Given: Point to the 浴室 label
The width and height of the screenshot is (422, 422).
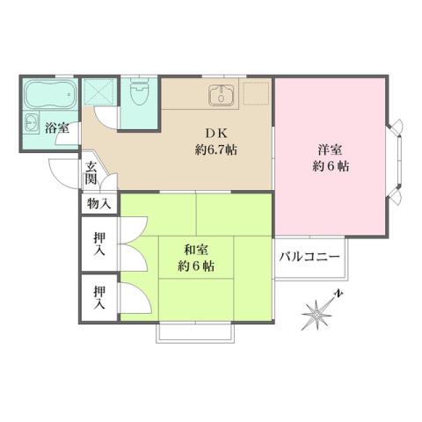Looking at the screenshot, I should (x=57, y=128).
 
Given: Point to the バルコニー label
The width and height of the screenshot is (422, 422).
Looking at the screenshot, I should (x=309, y=257).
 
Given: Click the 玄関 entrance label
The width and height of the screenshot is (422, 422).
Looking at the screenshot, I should (x=91, y=172).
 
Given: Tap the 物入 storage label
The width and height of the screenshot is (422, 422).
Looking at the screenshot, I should (x=98, y=204).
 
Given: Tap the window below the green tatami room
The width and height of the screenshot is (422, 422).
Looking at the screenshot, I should (x=195, y=333).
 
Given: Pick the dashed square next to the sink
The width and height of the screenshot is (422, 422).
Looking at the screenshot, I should (x=256, y=95).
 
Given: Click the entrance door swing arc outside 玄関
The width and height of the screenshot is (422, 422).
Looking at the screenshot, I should (x=63, y=171).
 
